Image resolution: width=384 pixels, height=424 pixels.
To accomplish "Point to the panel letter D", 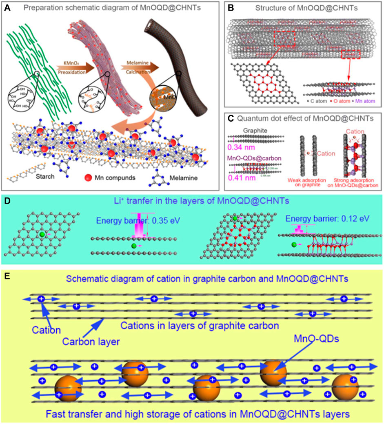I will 7,200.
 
